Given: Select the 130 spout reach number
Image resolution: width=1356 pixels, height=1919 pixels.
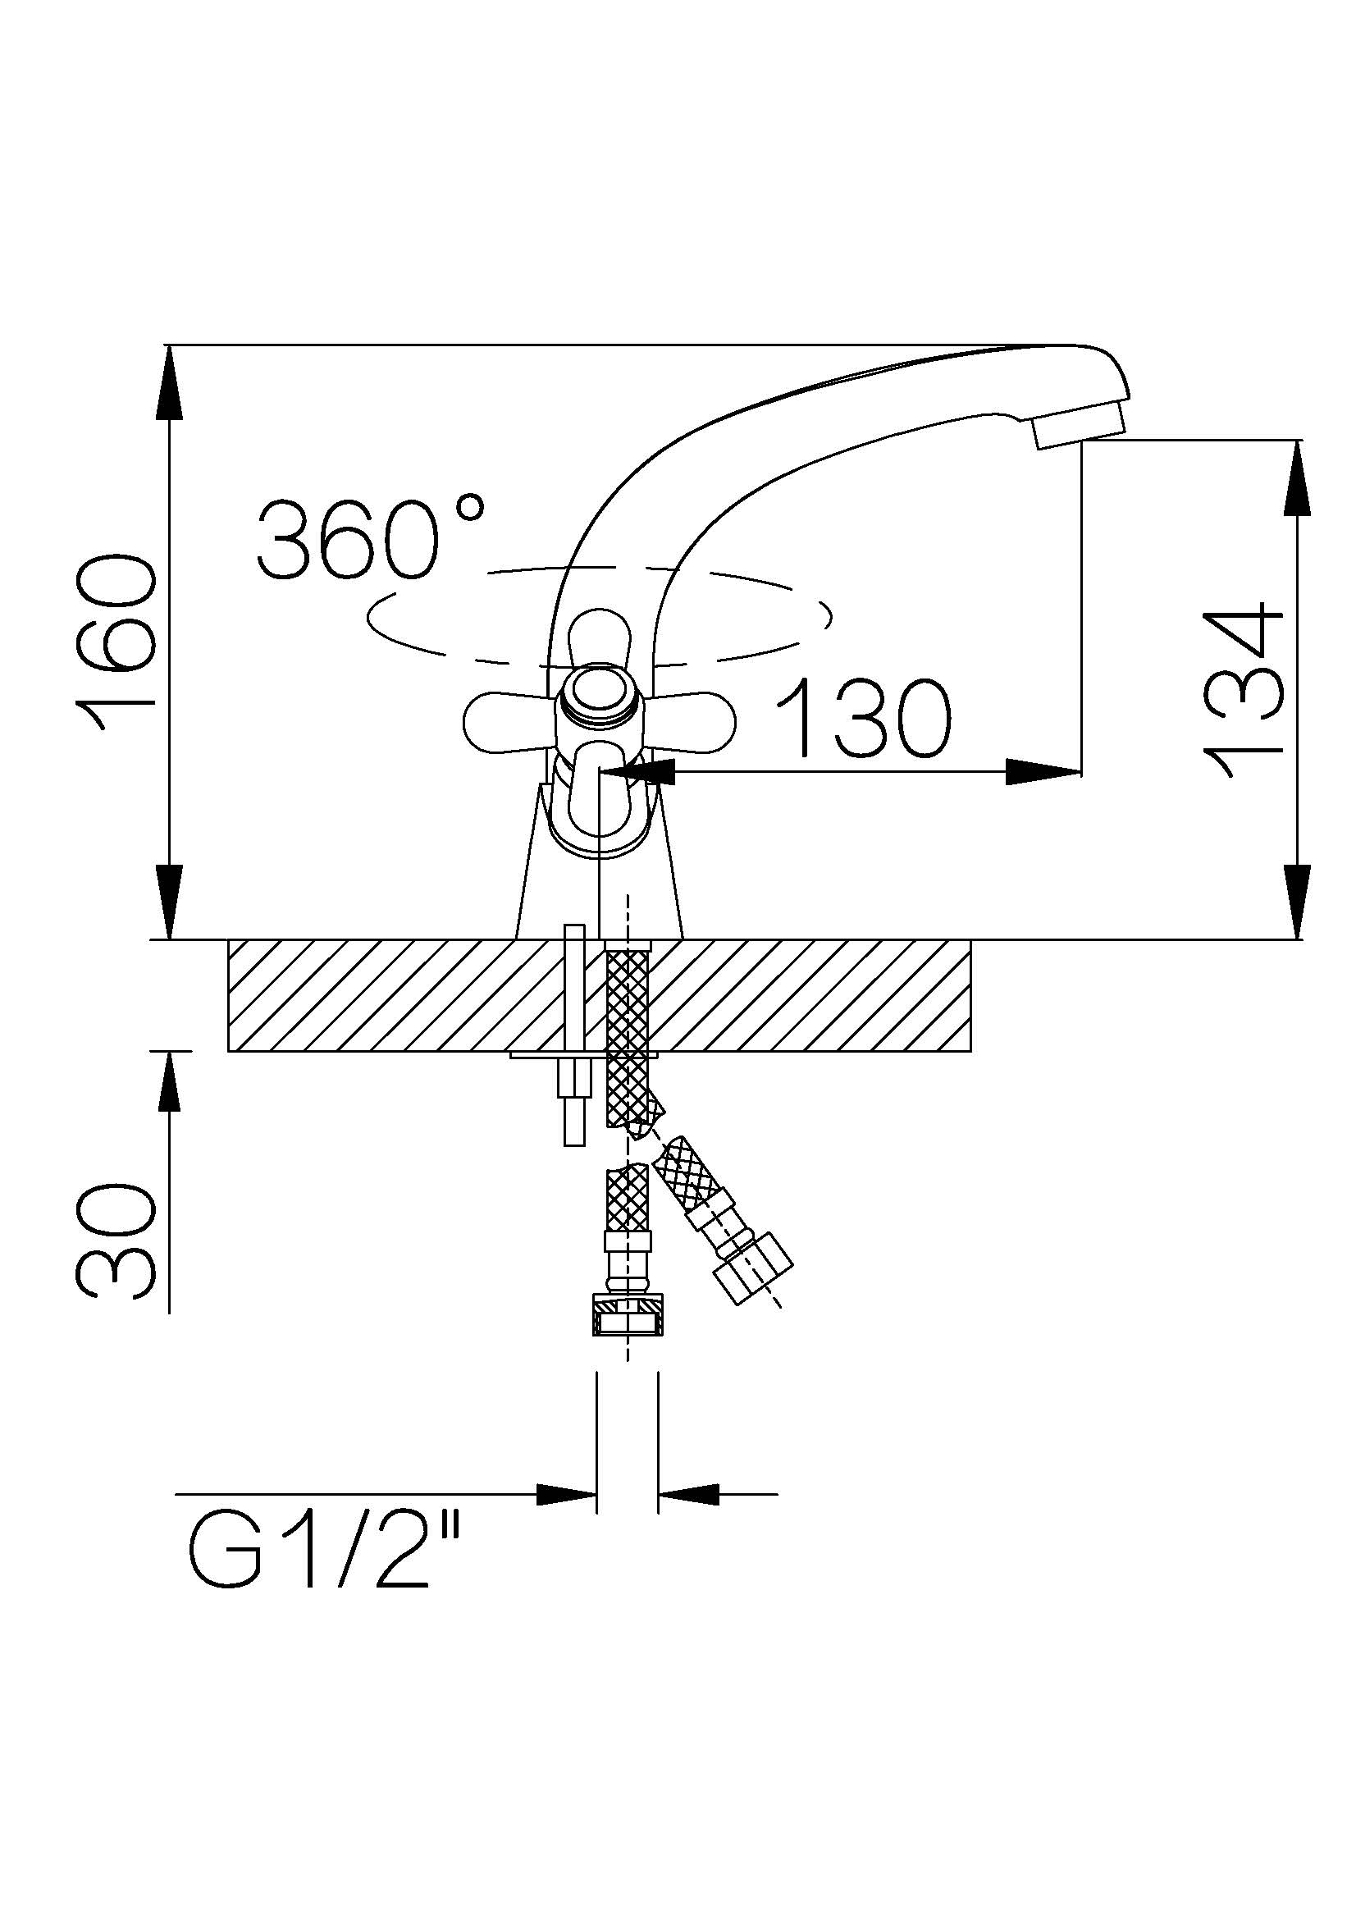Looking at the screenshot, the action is tap(864, 717).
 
